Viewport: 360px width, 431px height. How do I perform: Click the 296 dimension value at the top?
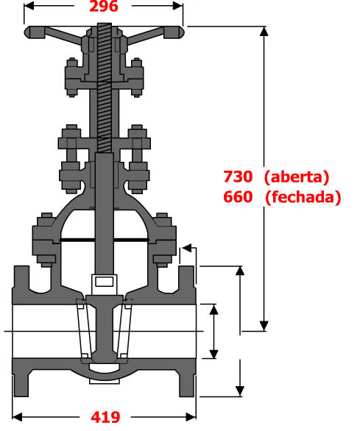click(104, 7)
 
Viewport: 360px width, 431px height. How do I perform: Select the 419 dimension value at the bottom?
click(105, 417)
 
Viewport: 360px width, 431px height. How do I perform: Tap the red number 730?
click(239, 177)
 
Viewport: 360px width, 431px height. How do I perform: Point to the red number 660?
click(239, 197)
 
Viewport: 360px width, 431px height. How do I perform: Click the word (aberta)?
click(296, 177)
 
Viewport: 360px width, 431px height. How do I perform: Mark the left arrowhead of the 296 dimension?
click(29, 7)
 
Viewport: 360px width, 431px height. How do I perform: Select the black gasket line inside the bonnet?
click(104, 240)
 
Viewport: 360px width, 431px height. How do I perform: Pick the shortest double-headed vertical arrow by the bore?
click(214, 331)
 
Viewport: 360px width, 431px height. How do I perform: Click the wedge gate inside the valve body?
click(104, 327)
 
